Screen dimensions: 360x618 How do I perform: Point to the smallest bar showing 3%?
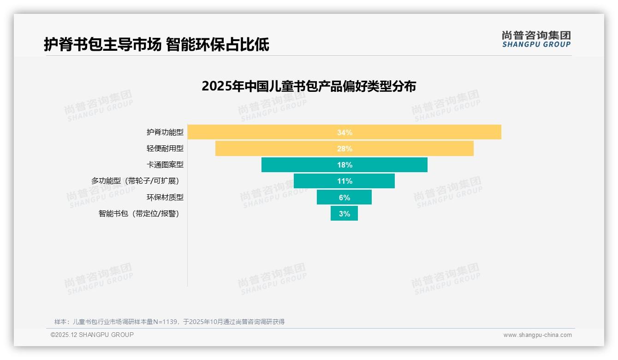click(x=344, y=213)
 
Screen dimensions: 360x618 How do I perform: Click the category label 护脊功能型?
click(x=165, y=132)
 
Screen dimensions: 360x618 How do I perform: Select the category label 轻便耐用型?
click(x=165, y=149)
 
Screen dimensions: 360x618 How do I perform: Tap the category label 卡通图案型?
click(x=165, y=165)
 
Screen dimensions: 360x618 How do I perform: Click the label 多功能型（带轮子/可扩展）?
click(x=135, y=181)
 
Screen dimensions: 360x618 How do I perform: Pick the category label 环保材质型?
click(x=165, y=197)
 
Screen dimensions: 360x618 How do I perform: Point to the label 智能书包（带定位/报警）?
click(x=139, y=214)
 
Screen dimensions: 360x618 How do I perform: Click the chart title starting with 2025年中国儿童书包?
click(x=309, y=86)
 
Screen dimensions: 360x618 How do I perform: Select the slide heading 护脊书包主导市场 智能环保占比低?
click(x=156, y=44)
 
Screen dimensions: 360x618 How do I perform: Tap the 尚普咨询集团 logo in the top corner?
click(x=536, y=39)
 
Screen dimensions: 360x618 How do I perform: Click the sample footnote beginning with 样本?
click(x=169, y=322)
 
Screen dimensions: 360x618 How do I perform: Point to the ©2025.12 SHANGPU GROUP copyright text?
click(x=92, y=335)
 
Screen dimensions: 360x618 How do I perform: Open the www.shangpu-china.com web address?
click(x=537, y=335)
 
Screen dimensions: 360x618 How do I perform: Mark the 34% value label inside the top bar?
click(x=345, y=132)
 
